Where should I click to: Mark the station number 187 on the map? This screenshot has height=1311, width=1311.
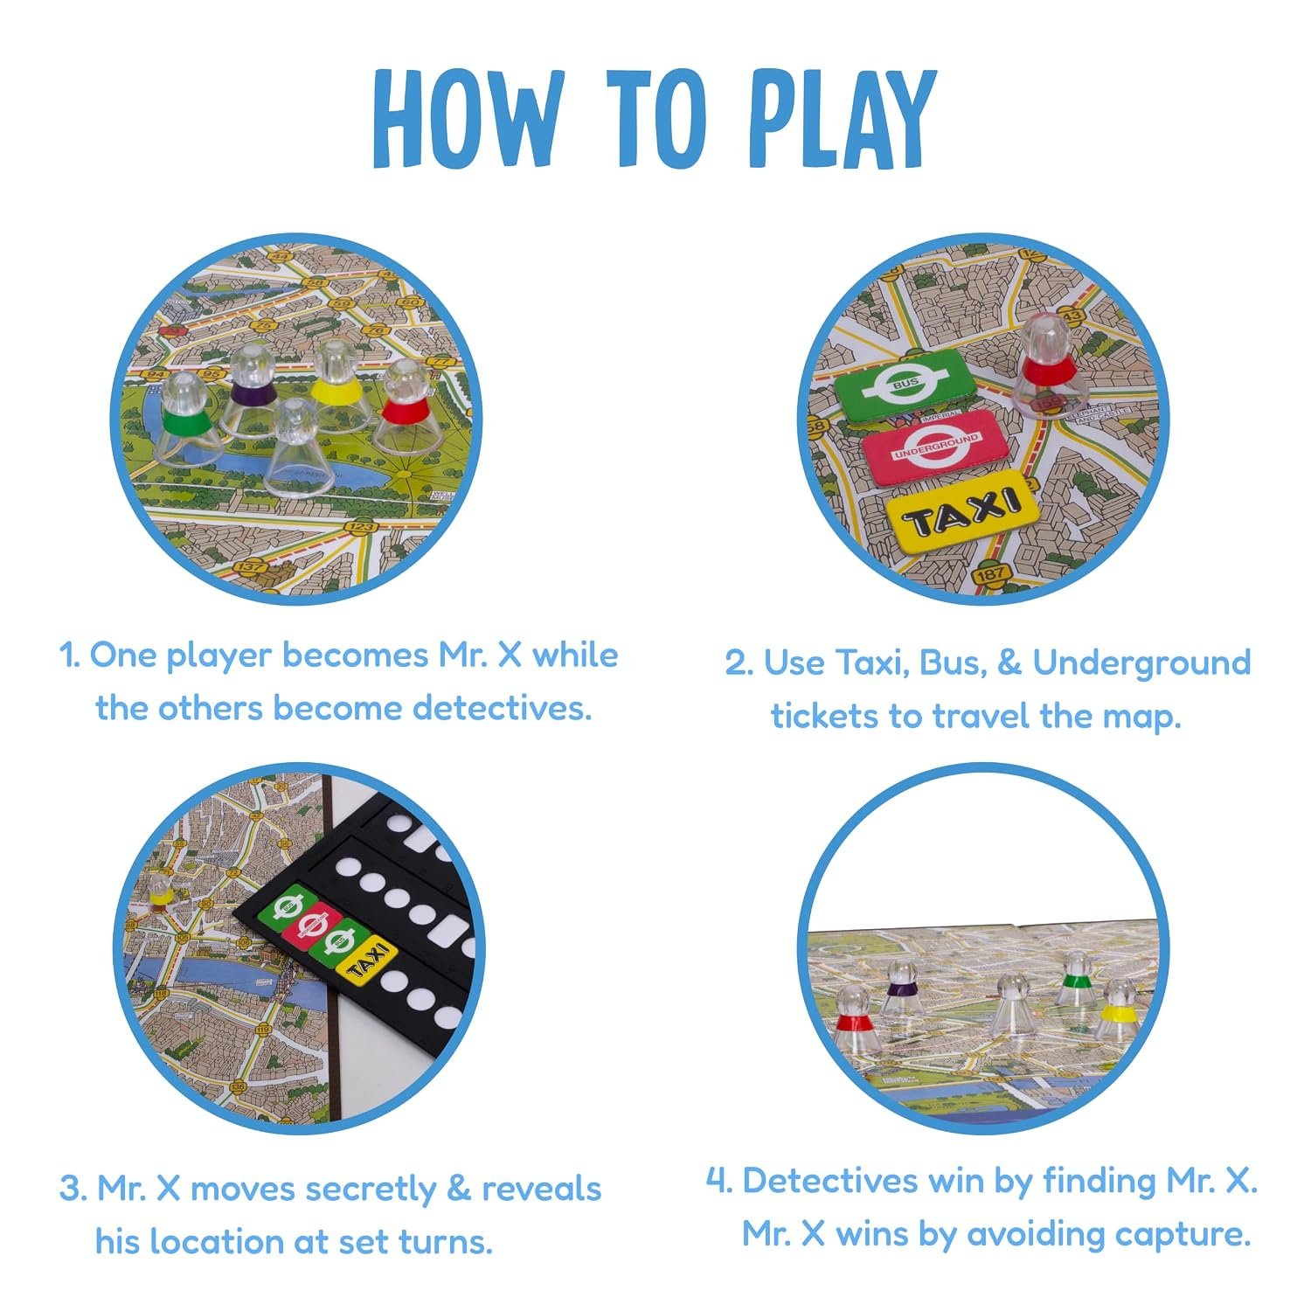pyautogui.click(x=991, y=575)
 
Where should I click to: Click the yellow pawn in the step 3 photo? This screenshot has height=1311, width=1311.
pyautogui.click(x=159, y=886)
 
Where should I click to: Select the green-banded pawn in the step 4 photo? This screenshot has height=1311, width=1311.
pyautogui.click(x=1077, y=980)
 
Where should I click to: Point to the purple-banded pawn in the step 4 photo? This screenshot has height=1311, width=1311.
pyautogui.click(x=900, y=992)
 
